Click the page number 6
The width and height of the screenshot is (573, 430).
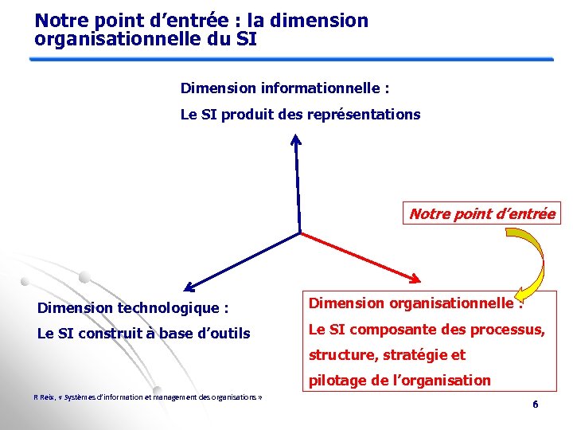536,405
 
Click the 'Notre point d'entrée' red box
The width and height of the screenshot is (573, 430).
482,213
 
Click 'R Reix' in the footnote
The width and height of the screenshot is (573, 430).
43,397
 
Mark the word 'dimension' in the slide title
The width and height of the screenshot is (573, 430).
327,21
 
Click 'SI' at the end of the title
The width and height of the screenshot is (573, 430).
247,38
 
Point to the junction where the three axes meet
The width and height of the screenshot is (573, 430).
300,233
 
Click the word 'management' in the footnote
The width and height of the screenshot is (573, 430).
168,397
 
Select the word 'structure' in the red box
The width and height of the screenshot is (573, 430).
338,354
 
